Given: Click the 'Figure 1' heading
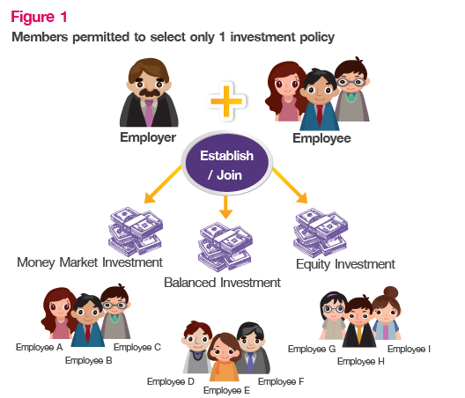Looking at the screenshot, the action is coord(39,17).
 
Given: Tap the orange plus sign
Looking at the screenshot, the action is coord(226,101).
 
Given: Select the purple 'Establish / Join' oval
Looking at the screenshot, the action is coord(227,163).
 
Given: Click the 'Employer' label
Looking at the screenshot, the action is coord(148,137).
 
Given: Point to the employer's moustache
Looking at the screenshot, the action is coord(150,92).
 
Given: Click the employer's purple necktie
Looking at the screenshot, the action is coord(149,113).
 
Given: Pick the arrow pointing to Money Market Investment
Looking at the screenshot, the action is coord(163,184).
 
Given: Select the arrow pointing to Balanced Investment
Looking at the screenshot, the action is coord(225,207).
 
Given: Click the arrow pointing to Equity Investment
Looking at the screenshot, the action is coord(290,185).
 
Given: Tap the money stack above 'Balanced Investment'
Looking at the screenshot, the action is coord(225,247).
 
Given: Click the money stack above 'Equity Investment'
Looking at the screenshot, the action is coord(321,232).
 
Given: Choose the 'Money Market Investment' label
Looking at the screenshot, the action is coord(90,262).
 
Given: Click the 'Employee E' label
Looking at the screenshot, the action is coord(226,390).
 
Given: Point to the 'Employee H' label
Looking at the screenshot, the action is coord(361,361).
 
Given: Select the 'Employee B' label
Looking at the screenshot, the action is coord(89,360).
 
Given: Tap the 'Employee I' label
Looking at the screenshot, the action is coord(409,349).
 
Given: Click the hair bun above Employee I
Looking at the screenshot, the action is coord(391,292).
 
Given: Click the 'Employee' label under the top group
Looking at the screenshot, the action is coord(321,138).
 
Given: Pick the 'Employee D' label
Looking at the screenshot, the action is coord(171,381).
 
